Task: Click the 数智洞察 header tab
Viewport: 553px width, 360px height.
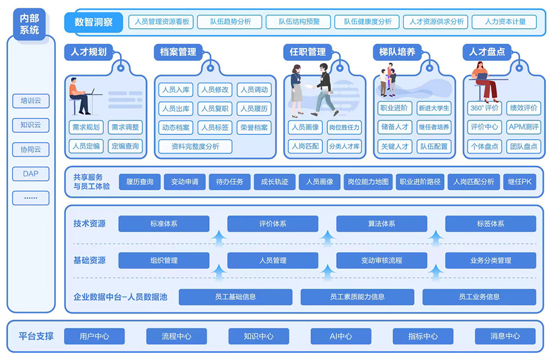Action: coord(94,22)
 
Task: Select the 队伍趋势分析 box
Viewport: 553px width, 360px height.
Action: coord(231,22)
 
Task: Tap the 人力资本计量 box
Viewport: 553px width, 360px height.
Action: coord(505,22)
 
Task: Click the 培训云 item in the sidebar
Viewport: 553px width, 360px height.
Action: coord(30,101)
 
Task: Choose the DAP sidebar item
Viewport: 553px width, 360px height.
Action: coord(30,174)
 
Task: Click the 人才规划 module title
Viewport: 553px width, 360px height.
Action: coord(88,52)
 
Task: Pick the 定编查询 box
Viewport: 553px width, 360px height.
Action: coord(126,146)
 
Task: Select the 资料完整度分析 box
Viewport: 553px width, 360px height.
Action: coord(195,146)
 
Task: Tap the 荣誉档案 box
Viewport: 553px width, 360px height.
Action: coord(254,127)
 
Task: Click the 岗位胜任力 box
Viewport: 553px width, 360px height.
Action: coord(343,127)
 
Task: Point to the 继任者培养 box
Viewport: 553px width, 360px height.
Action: coord(434,127)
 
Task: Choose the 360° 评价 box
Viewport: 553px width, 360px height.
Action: coord(484,108)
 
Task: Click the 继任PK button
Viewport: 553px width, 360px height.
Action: coord(519,181)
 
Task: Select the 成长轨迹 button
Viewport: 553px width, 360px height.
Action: coord(275,181)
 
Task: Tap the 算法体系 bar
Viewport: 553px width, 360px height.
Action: coord(382,224)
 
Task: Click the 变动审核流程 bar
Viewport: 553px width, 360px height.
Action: coord(382,260)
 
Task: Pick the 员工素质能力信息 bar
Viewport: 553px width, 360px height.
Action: coord(357,297)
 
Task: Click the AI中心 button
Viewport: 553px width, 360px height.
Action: coord(341,336)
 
